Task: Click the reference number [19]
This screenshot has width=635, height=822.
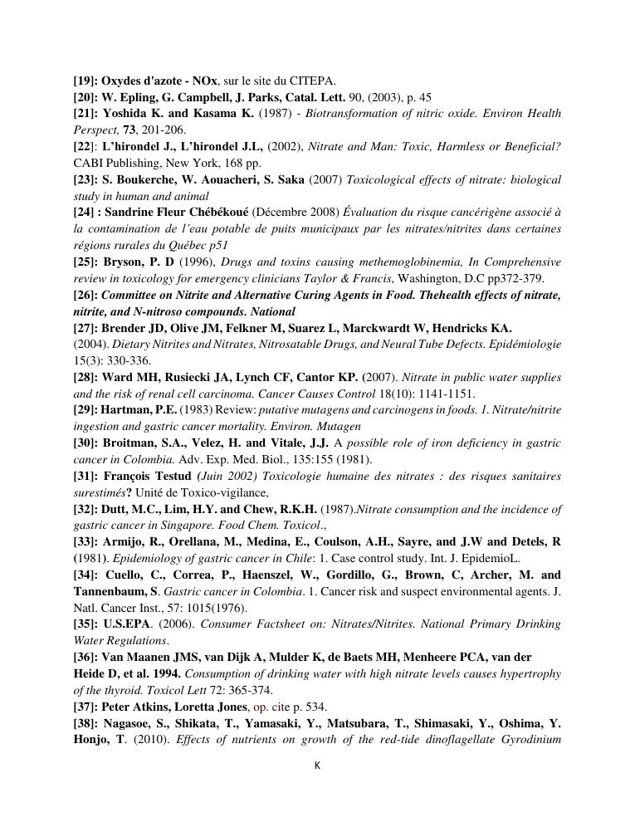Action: [85, 81]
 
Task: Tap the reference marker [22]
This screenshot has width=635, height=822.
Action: [85, 147]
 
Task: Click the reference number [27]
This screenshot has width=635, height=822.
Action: [85, 328]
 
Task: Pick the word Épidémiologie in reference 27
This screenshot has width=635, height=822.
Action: [524, 345]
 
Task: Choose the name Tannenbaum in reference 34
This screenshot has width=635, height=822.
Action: [110, 591]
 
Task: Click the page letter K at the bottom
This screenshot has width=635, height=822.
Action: [317, 766]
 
